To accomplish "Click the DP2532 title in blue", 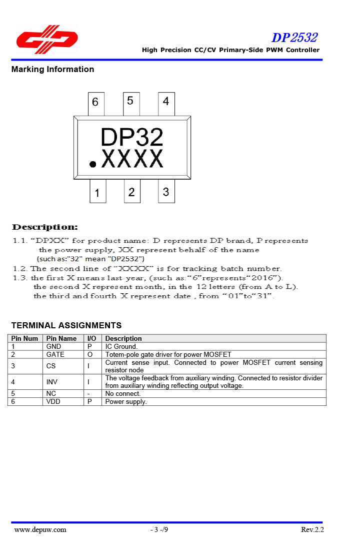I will click(294, 38).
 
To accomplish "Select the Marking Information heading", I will click(52, 69).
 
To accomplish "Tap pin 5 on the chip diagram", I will click(130, 102).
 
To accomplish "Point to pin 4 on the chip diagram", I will click(166, 102).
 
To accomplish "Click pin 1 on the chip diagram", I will click(97, 193).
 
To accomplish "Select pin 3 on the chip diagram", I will click(166, 192).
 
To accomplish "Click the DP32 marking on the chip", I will click(132, 137).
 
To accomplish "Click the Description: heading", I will click(45, 228).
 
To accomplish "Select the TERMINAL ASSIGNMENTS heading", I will click(66, 325).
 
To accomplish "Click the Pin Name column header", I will click(61, 338).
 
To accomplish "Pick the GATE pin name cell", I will click(55, 354).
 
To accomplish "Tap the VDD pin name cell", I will click(53, 401).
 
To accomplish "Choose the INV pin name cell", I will click(52, 382).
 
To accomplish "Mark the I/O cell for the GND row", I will click(90, 346).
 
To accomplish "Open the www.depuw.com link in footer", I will click(40, 529).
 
